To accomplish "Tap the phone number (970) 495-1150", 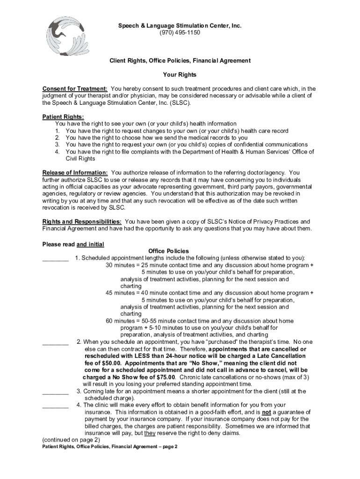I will [180, 33].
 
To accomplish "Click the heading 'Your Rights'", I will [180, 75].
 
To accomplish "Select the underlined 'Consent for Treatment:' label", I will [75, 89].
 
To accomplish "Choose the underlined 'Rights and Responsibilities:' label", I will [83, 221].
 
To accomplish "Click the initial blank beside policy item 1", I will [56, 259].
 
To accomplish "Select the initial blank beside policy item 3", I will [56, 392].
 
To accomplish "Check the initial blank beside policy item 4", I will [56, 405].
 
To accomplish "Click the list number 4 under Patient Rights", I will [57, 152].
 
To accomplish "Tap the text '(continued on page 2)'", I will [71, 440].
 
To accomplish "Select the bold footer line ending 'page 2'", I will [110, 447].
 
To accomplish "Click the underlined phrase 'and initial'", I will [90, 244].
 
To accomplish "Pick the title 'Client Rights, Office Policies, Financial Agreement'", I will [180, 61].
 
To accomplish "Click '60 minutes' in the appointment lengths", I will [121, 321].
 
